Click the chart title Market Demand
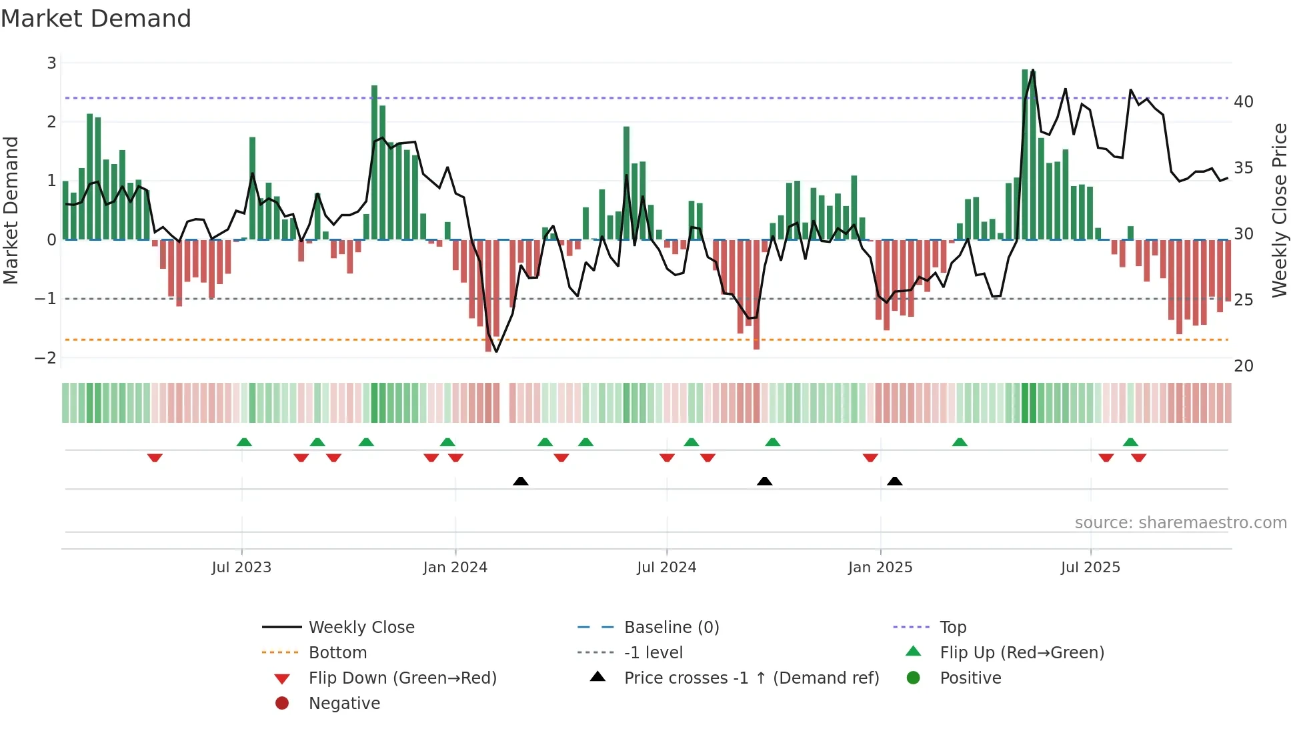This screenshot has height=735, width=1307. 96,19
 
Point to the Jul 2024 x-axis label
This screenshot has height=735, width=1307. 666,568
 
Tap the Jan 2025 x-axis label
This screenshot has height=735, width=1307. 880,568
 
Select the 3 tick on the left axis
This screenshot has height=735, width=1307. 51,63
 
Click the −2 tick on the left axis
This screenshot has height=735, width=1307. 46,358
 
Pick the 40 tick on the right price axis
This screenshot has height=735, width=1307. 1243,102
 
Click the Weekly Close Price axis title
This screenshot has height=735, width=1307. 1279,210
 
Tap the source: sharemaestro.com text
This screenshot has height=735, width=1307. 1180,523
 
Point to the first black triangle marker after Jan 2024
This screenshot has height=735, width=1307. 521,482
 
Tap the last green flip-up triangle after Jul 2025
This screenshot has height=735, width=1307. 1130,442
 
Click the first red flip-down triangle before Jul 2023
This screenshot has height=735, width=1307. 155,458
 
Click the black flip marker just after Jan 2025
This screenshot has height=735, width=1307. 895,482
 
